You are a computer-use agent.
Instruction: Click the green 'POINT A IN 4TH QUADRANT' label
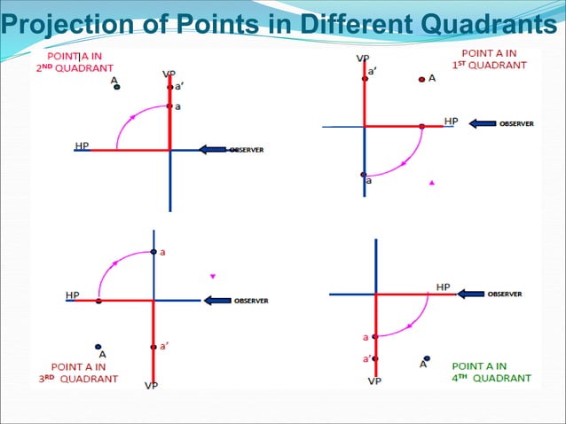(491, 372)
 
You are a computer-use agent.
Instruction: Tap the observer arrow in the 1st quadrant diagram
(483, 124)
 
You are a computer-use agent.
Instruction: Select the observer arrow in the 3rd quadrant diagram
(216, 301)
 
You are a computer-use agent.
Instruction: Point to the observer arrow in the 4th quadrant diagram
(471, 294)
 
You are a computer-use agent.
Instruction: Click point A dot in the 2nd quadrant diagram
(116, 87)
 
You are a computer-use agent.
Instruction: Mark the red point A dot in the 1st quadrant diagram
(421, 79)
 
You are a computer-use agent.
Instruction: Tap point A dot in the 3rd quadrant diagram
(98, 347)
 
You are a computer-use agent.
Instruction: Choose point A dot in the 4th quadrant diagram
(427, 358)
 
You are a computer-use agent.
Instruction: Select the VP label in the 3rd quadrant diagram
(152, 386)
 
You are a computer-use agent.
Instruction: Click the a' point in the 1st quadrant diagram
(364, 79)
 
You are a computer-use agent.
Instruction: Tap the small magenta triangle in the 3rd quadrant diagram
(212, 276)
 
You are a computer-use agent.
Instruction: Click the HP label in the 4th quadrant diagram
(443, 287)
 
